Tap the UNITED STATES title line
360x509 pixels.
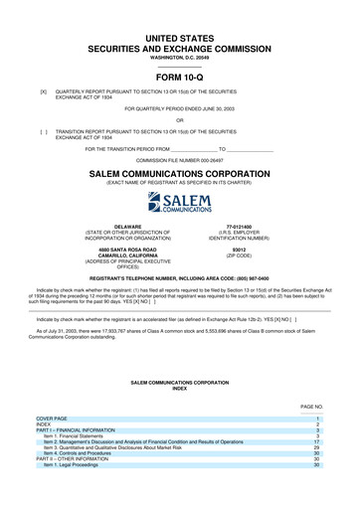[179, 36]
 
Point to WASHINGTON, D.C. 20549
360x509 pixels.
[179, 58]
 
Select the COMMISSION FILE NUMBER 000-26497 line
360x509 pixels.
[179, 159]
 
